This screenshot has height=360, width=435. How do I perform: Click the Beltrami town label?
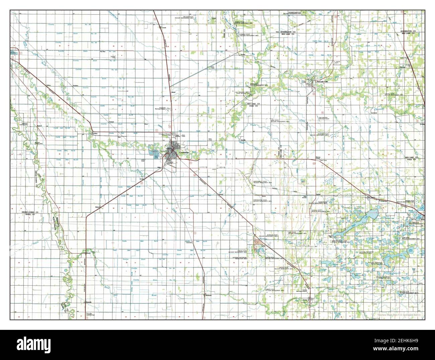click(209, 295)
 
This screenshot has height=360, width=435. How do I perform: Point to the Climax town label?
click(88, 253)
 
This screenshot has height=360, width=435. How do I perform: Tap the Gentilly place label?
click(243, 140)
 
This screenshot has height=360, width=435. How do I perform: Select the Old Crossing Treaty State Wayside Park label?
click(243, 93)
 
